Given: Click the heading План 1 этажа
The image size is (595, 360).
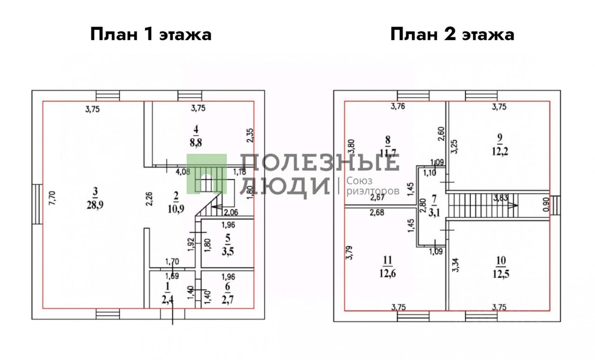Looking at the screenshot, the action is [151, 34].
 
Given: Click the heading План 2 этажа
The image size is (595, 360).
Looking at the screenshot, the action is [452, 34].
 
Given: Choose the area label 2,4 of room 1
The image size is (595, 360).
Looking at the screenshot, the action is [167, 298].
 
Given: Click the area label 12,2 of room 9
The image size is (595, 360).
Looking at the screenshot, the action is [499, 153].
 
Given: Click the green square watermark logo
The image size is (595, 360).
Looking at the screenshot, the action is [206, 173].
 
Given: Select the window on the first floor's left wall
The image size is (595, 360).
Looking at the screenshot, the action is [37, 205].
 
